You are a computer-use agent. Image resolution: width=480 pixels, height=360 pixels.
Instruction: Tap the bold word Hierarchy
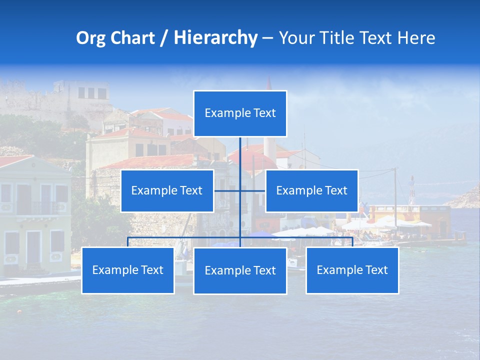click(215, 38)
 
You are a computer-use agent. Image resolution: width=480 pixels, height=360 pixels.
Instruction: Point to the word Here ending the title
click(416, 38)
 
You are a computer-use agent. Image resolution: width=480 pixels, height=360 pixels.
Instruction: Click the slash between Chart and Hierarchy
click(164, 38)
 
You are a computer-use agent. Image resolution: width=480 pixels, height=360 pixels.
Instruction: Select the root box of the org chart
click(240, 113)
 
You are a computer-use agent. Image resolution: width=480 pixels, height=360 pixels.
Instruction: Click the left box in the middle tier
click(167, 190)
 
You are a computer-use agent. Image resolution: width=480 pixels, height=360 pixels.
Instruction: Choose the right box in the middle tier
click(311, 190)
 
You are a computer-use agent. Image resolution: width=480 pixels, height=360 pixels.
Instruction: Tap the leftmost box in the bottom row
click(127, 270)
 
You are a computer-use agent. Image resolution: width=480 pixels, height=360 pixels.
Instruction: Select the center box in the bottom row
click(240, 270)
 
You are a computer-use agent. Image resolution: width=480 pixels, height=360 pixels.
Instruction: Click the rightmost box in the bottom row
click(352, 270)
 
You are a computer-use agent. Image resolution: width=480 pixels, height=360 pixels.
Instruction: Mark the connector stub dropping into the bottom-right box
click(352, 242)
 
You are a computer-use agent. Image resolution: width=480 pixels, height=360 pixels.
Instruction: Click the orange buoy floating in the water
click(19, 311)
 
